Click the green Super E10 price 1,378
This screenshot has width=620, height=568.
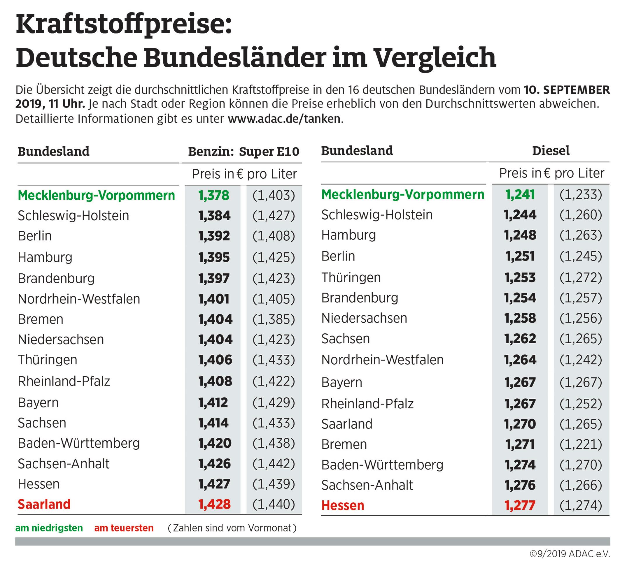pos(214,196)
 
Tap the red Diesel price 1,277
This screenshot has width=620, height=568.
pos(520,505)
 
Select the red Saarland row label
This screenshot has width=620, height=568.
pos(44,504)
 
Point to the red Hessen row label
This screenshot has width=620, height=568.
pos(343,506)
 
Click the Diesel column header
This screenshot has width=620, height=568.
pos(551,151)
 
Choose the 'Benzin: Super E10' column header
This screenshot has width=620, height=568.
pos(244,152)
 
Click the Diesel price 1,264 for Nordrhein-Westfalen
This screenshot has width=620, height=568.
pos(520,360)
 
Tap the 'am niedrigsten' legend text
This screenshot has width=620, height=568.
pos(49,528)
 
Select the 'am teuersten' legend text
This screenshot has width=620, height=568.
pos(124,528)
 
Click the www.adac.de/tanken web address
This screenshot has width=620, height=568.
pos(284,119)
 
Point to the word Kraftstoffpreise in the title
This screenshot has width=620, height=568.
pos(123,25)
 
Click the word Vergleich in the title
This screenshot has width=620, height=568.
pos(435,58)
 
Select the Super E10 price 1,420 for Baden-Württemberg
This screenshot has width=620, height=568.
pos(215,443)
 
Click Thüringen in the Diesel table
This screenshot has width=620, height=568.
pos(351,277)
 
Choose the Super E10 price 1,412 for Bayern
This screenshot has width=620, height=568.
pos(213,403)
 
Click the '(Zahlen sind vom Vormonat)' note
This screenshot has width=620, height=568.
pos(232,528)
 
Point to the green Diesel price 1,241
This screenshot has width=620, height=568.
pos(520,195)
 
